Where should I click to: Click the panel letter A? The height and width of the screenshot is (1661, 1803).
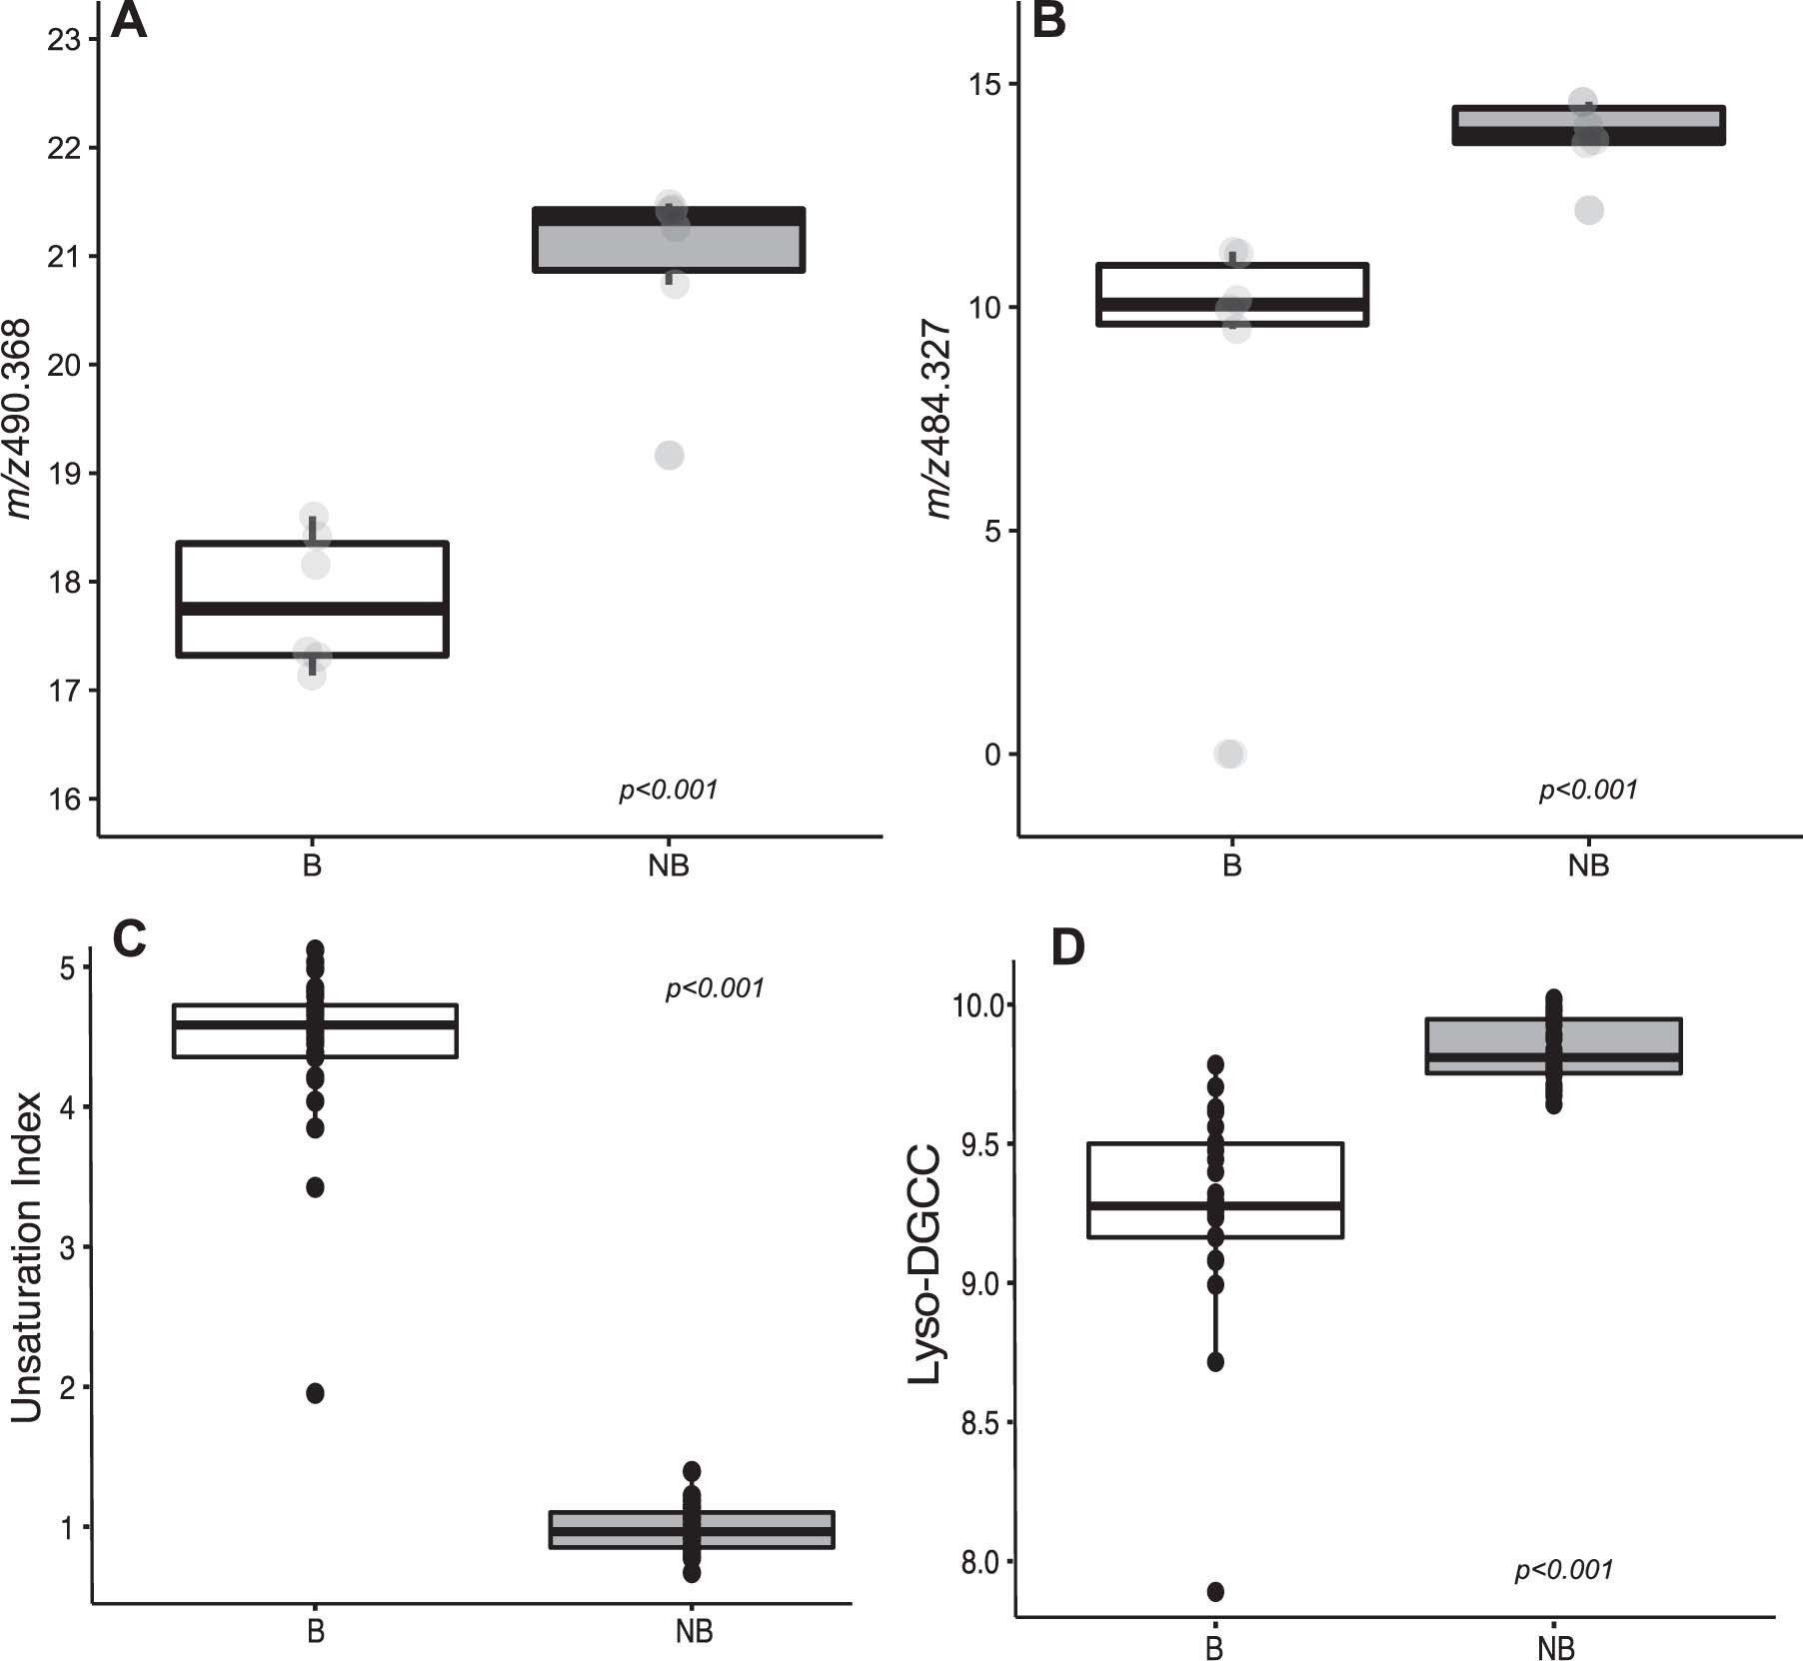point(129,21)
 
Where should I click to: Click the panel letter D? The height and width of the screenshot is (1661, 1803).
point(1068,946)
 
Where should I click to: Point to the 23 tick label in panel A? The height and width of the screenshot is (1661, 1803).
point(65,40)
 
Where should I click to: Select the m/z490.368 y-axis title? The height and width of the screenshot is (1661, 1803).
point(20,420)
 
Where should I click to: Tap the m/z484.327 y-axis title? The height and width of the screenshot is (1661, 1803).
point(938,420)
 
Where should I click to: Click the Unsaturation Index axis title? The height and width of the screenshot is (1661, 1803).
point(28,1257)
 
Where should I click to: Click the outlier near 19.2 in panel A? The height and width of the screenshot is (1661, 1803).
point(670,456)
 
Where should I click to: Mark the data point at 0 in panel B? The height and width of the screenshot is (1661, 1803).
point(1230,754)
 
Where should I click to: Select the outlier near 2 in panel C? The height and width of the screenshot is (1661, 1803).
point(315,1393)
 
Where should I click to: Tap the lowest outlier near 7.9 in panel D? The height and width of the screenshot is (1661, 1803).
point(1215,1591)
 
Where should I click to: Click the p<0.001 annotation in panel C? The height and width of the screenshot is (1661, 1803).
point(715,988)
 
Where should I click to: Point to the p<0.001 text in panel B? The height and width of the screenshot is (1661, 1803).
point(1588,790)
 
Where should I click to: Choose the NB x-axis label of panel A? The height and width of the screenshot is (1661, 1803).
point(669,865)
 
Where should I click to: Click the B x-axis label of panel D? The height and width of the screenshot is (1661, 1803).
point(1214,1648)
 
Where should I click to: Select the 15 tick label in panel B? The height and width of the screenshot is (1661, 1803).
point(984,84)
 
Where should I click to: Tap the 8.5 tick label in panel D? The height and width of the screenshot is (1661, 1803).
point(979,1423)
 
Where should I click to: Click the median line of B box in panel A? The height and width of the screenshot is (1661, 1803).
point(312,608)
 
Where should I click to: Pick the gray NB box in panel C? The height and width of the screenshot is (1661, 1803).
point(693,1529)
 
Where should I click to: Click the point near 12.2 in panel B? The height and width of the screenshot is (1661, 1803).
point(1589,210)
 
